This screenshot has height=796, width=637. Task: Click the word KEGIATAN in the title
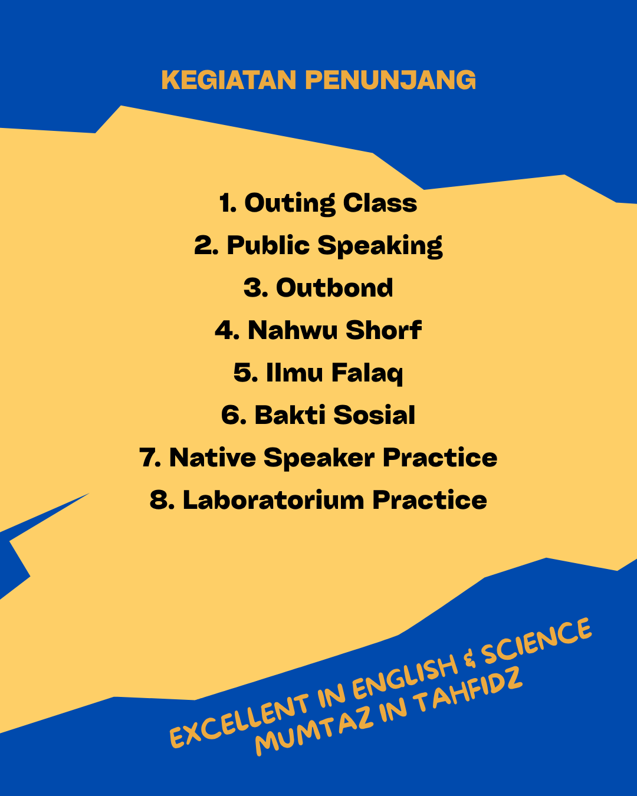click(229, 80)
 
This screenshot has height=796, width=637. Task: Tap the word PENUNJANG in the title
click(390, 80)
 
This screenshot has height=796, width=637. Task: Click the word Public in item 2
click(268, 245)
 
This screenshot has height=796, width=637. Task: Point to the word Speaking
click(380, 246)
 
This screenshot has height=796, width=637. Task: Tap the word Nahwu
click(293, 330)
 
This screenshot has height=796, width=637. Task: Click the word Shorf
click(384, 330)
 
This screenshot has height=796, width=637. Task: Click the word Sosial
click(374, 415)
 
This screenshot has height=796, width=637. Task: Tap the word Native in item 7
click(212, 458)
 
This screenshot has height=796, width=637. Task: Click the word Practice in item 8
click(430, 500)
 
